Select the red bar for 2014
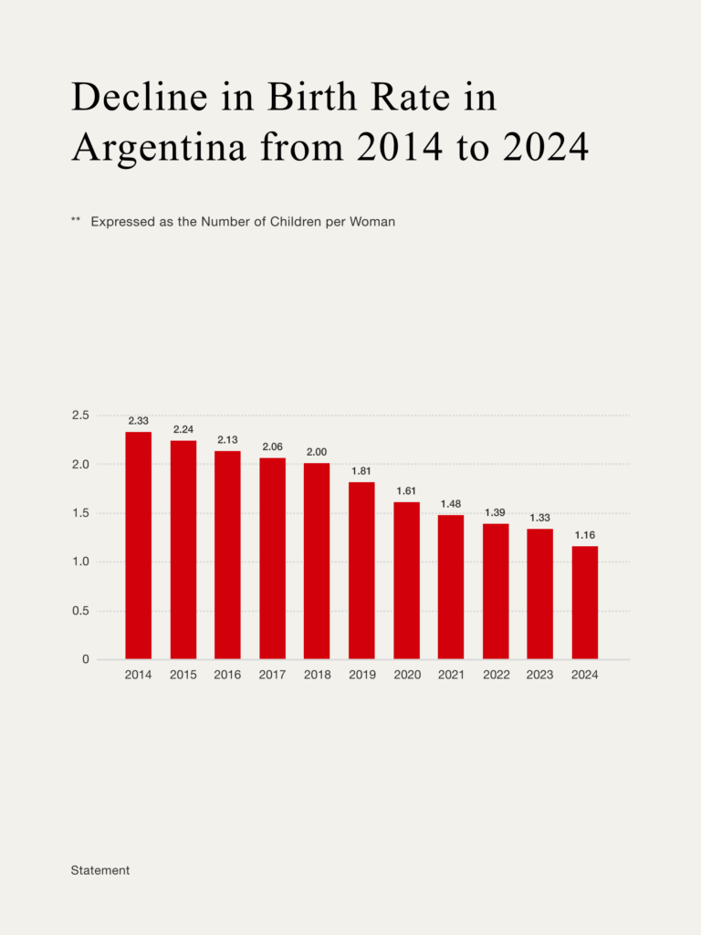pyautogui.click(x=138, y=545)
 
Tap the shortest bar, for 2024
pyautogui.click(x=585, y=602)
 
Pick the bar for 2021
pyautogui.click(x=451, y=586)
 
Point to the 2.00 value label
pyautogui.click(x=317, y=452)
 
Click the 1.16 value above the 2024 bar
pyautogui.click(x=585, y=535)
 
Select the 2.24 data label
pyautogui.click(x=183, y=429)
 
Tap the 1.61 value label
pyautogui.click(x=406, y=491)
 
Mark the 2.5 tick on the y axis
pyautogui.click(x=80, y=415)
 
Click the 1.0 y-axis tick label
pyautogui.click(x=80, y=562)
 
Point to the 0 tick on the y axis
pyautogui.click(x=86, y=659)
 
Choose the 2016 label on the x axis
pyautogui.click(x=227, y=676)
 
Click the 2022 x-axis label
pyautogui.click(x=496, y=676)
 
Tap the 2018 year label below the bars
pyautogui.click(x=317, y=676)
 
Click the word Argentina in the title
pyautogui.click(x=159, y=147)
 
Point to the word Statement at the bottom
pyautogui.click(x=100, y=870)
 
